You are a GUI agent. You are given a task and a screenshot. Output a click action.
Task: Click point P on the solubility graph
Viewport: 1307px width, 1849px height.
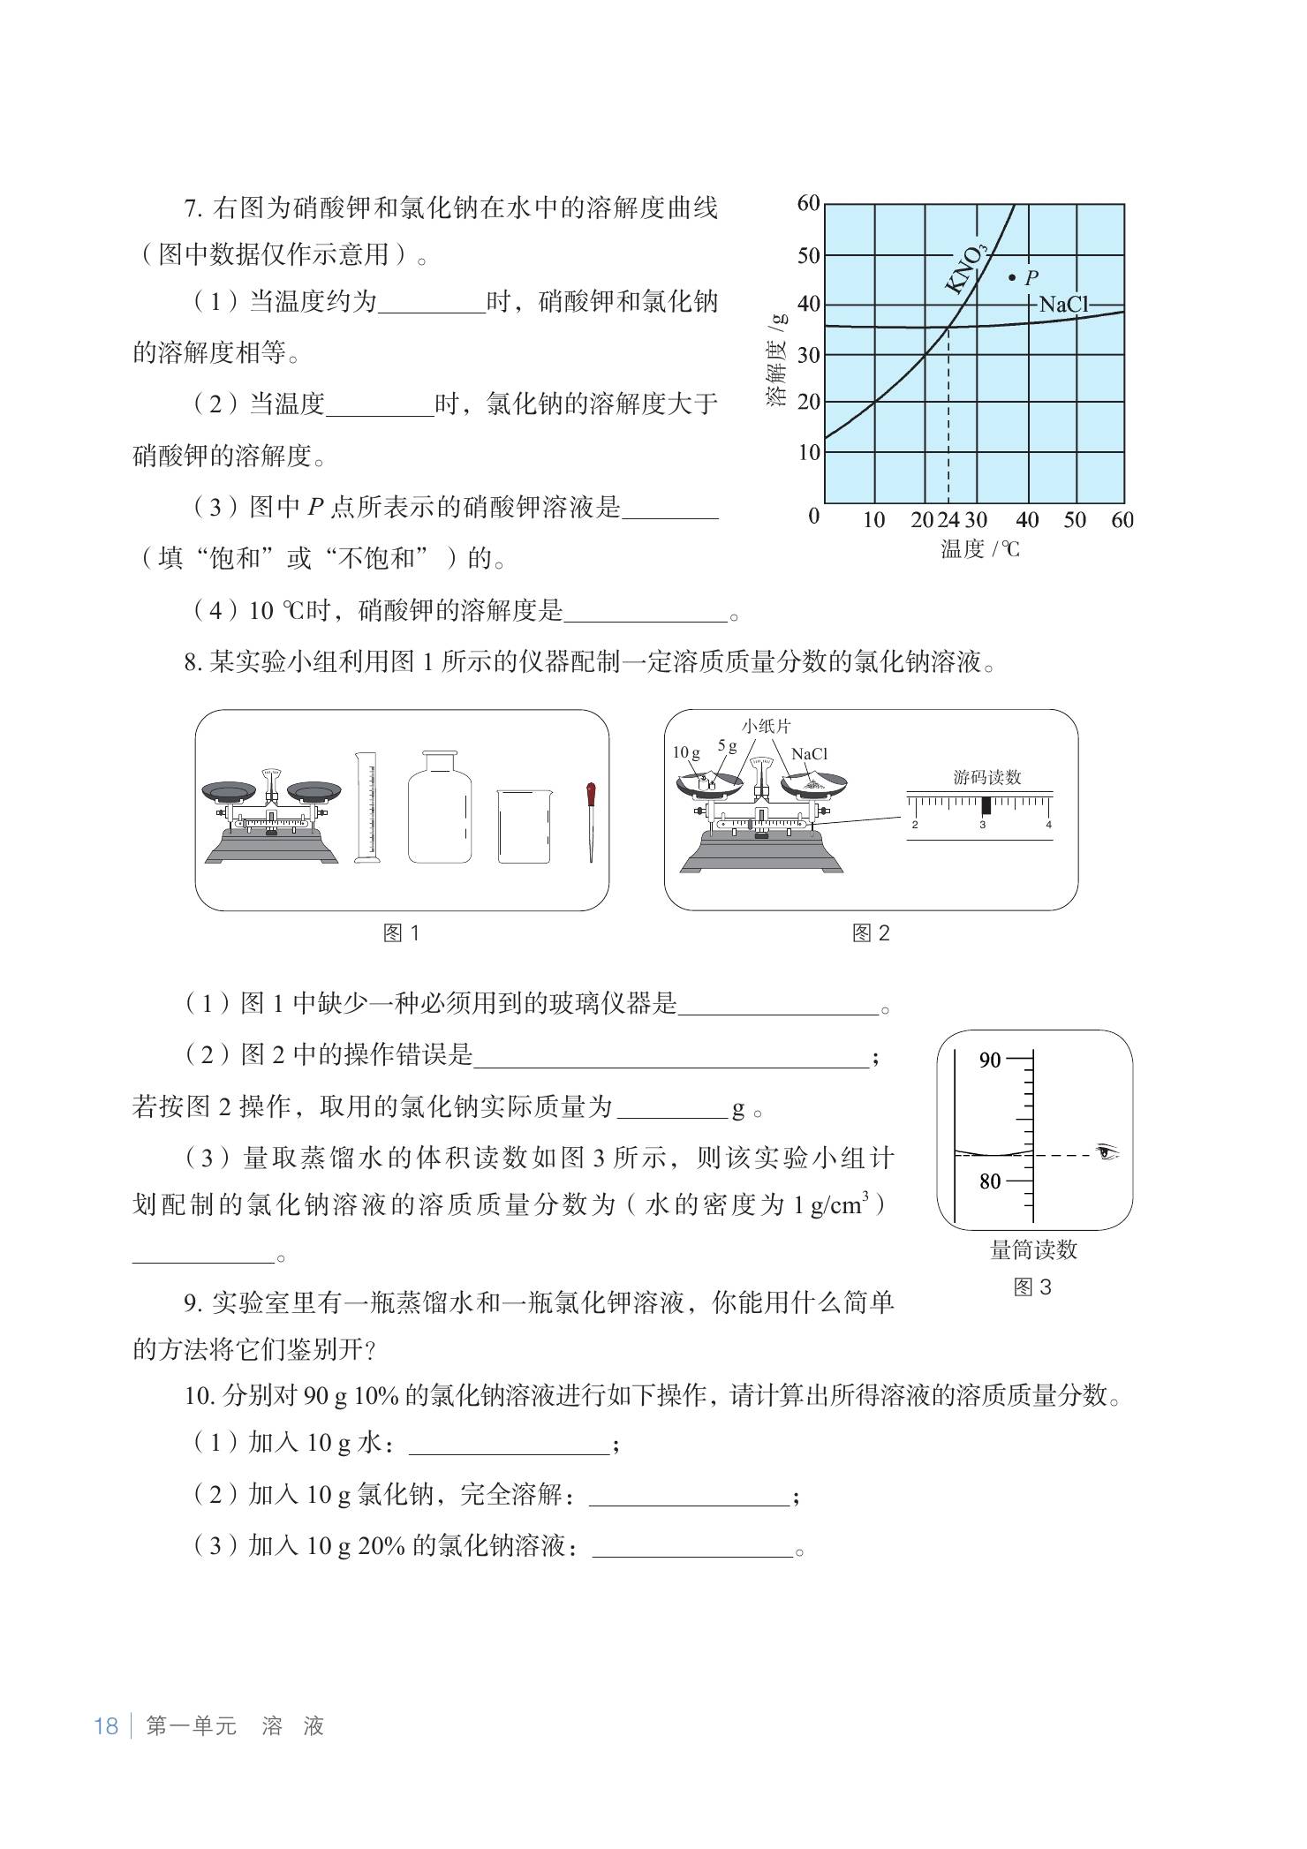(x=1012, y=277)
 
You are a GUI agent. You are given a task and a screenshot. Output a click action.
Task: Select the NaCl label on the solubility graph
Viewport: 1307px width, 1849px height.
(x=1063, y=305)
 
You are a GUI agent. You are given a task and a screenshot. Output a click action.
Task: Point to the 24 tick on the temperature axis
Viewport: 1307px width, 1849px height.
(x=948, y=520)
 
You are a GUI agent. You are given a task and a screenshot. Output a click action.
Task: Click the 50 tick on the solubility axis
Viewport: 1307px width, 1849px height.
(x=808, y=256)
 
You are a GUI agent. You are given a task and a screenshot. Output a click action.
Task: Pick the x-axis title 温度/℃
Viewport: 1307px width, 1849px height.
(x=979, y=549)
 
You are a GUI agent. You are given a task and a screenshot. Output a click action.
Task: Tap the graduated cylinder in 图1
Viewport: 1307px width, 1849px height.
(x=366, y=807)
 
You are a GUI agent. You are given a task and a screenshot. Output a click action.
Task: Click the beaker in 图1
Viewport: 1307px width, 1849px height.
(x=524, y=826)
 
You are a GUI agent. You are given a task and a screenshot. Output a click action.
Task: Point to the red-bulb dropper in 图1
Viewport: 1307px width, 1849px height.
(x=589, y=820)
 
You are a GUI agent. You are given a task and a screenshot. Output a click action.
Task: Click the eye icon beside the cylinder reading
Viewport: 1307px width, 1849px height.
(x=1107, y=1152)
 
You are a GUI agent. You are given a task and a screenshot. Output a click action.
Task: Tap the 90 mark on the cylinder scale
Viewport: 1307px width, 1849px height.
(x=989, y=1060)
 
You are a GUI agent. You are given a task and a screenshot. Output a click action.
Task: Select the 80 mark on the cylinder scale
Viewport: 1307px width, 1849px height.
(x=989, y=1181)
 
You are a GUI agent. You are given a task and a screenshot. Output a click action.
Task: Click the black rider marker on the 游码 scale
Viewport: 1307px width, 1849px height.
(x=986, y=805)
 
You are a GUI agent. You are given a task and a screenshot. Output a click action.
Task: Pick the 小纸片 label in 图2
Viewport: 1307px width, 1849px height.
(x=767, y=727)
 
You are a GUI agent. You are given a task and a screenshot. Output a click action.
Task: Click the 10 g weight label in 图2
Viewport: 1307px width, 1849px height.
(x=685, y=753)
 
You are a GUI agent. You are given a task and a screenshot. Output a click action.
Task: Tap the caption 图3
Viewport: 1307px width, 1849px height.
(x=1032, y=1287)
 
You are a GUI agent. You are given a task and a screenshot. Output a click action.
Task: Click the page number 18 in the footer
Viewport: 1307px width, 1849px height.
(x=106, y=1726)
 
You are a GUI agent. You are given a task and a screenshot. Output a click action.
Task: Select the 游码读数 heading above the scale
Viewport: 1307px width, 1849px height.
(x=986, y=777)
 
